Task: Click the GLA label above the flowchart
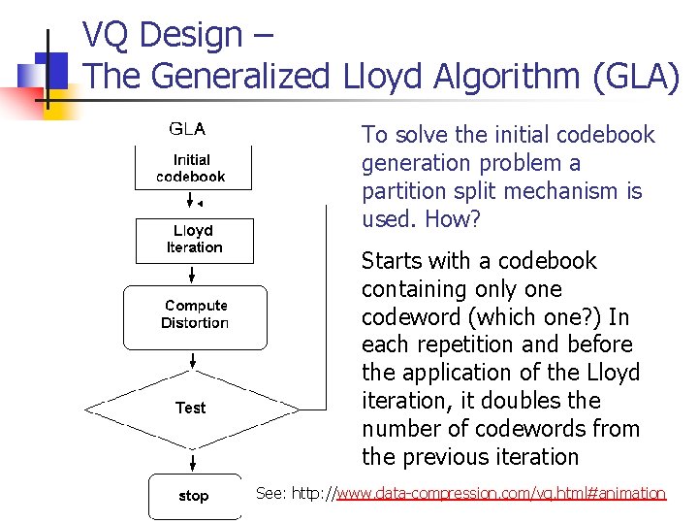[187, 128]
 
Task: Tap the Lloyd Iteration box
[194, 240]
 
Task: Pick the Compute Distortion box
[195, 315]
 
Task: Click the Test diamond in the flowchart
[191, 408]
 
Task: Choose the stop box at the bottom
[193, 496]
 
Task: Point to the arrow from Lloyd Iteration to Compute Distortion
[193, 274]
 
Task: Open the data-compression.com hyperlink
[501, 494]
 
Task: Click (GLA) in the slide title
[641, 76]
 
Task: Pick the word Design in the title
[191, 35]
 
